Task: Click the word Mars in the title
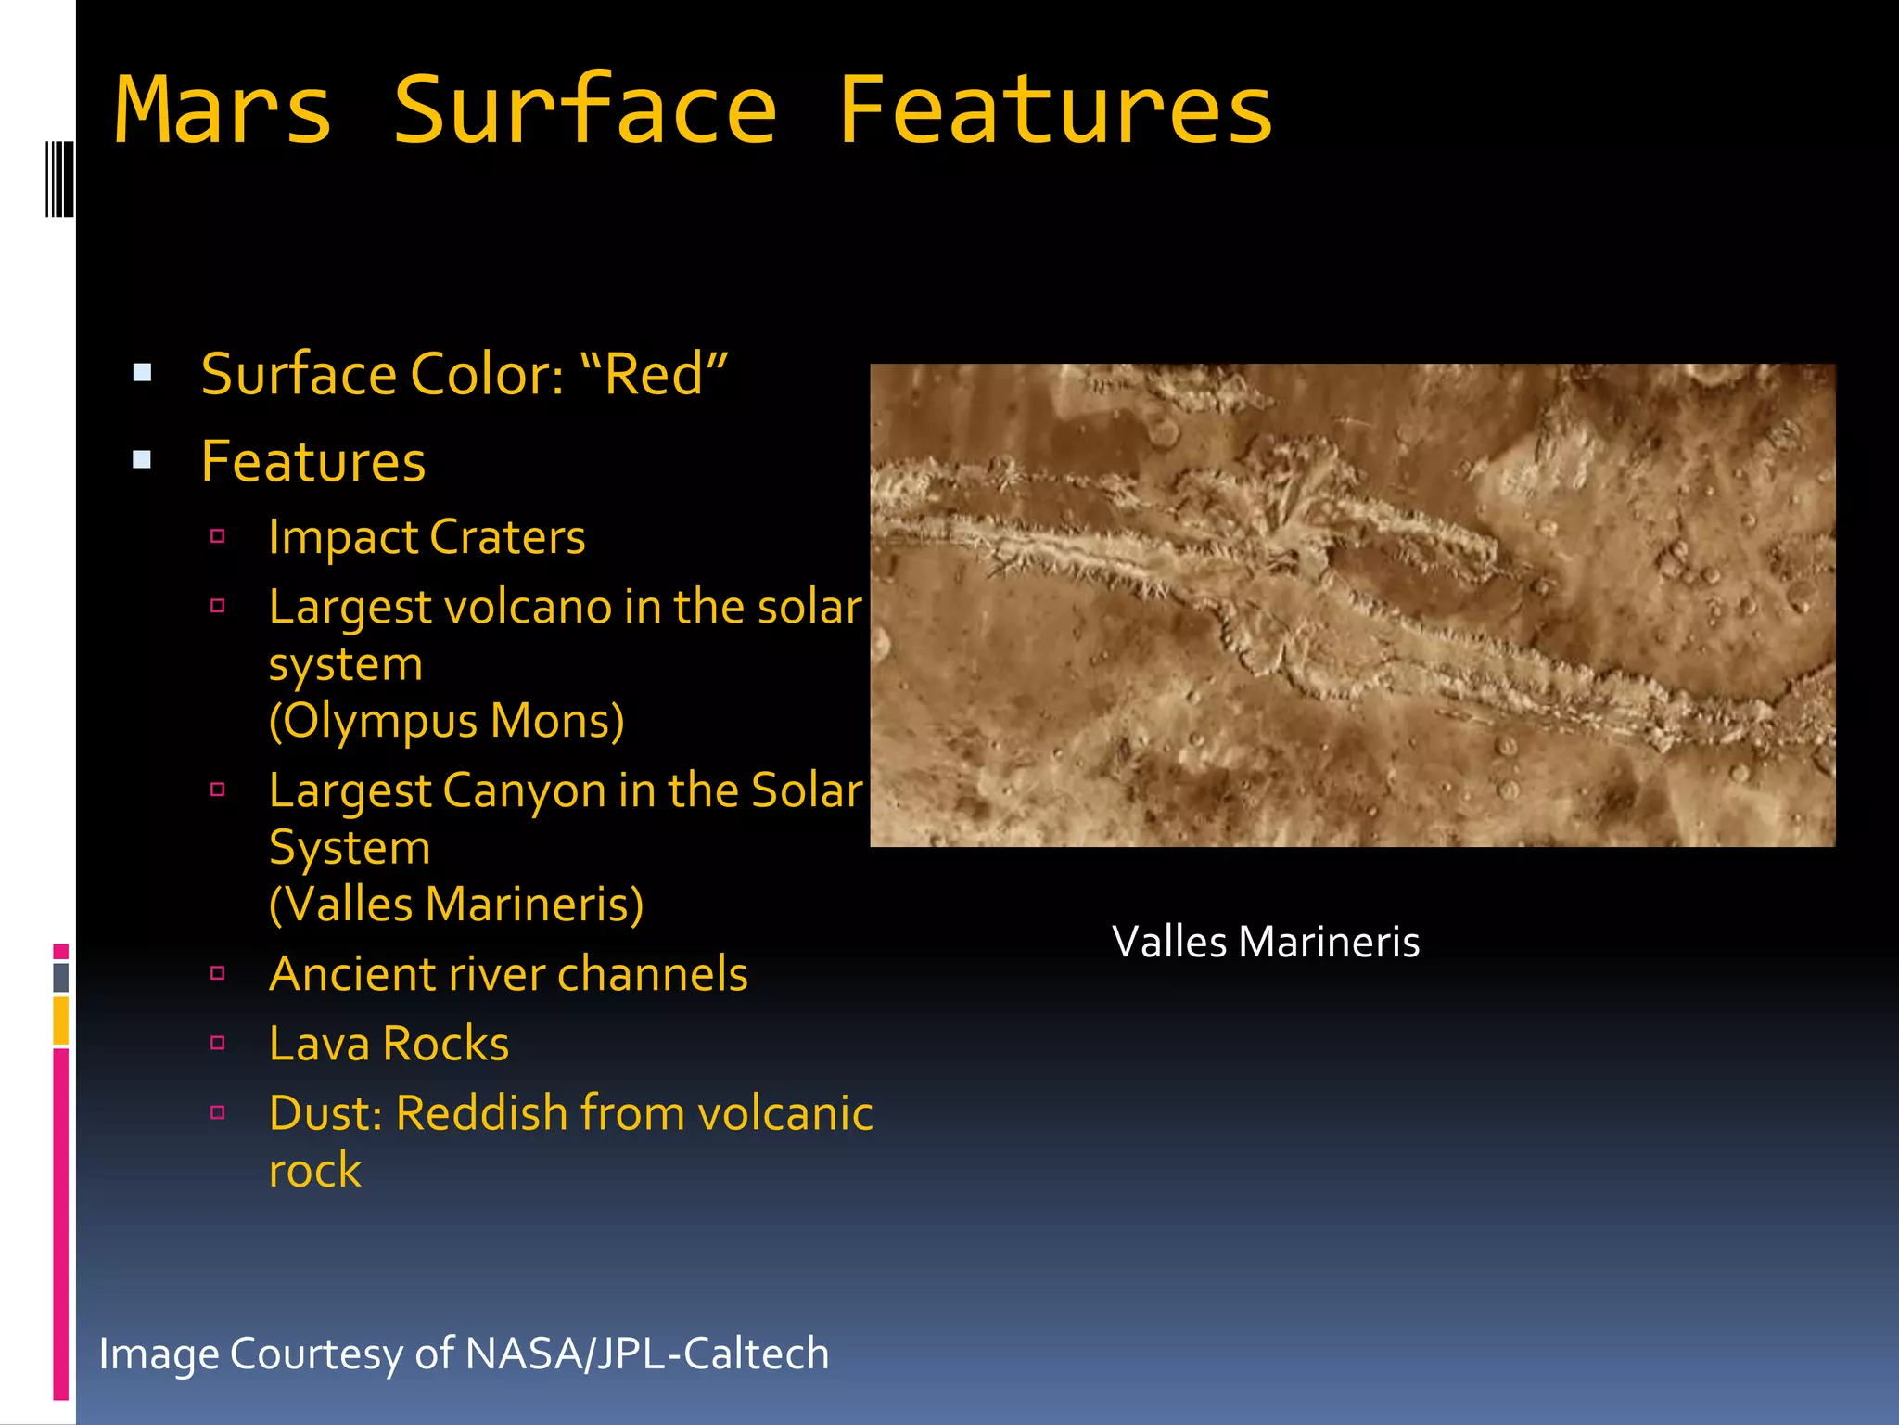tap(223, 111)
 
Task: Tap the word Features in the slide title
tap(1055, 111)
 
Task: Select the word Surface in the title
tap(584, 111)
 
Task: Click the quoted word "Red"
tap(654, 375)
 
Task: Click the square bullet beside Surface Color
tap(142, 373)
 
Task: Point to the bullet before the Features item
tap(142, 459)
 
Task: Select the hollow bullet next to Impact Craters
tap(218, 536)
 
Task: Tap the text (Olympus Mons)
tap(446, 721)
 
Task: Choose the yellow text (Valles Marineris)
tap(455, 905)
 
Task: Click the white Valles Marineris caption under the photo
tap(1265, 943)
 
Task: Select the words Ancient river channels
tap(508, 974)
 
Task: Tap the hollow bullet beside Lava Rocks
tap(218, 1043)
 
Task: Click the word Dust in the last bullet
tap(325, 1113)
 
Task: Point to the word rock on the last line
tap(314, 1171)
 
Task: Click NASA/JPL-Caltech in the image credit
tap(646, 1354)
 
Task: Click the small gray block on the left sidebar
tap(60, 977)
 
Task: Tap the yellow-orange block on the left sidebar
tap(60, 1020)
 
